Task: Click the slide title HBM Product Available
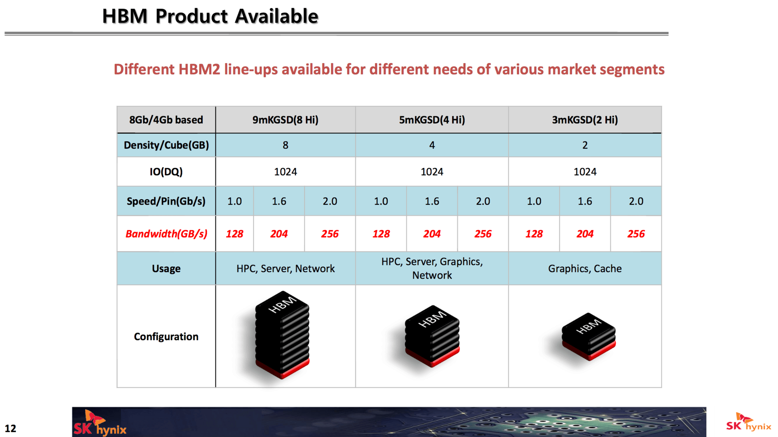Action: pos(210,16)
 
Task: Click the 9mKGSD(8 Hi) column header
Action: pos(285,120)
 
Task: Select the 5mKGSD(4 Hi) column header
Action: pos(432,120)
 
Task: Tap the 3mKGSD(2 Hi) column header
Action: pos(585,120)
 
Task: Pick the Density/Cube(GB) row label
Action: pos(166,145)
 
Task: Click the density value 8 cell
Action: pos(285,145)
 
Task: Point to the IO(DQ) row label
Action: pos(166,172)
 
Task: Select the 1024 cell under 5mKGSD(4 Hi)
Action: pos(432,172)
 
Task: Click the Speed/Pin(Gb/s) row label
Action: pos(166,201)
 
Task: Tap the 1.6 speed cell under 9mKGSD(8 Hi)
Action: pos(279,201)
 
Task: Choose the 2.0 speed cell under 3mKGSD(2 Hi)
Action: pos(636,201)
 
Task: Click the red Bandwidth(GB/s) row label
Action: pos(166,234)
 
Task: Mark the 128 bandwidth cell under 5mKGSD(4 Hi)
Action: pos(381,234)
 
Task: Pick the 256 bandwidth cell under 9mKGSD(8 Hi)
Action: pos(330,234)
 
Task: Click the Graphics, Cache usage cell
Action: pos(585,269)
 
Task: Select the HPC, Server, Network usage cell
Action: pos(285,269)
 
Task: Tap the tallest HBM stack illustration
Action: pos(282,335)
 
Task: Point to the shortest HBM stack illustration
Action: pos(588,336)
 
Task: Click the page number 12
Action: pos(11,428)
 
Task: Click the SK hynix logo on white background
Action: pos(749,422)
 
